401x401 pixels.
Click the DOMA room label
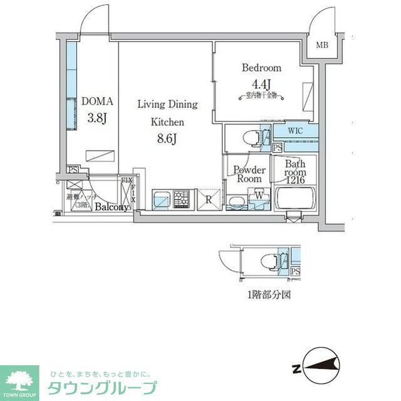[x=97, y=101]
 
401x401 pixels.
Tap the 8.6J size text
[x=167, y=138]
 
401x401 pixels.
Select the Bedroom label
[x=261, y=68]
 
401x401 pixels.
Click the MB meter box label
[x=321, y=45]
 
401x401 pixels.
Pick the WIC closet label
[x=296, y=131]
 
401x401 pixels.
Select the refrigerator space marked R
[x=208, y=201]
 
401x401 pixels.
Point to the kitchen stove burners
[x=181, y=200]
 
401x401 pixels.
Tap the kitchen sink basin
[x=161, y=201]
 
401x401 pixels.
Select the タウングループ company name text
[x=102, y=387]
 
